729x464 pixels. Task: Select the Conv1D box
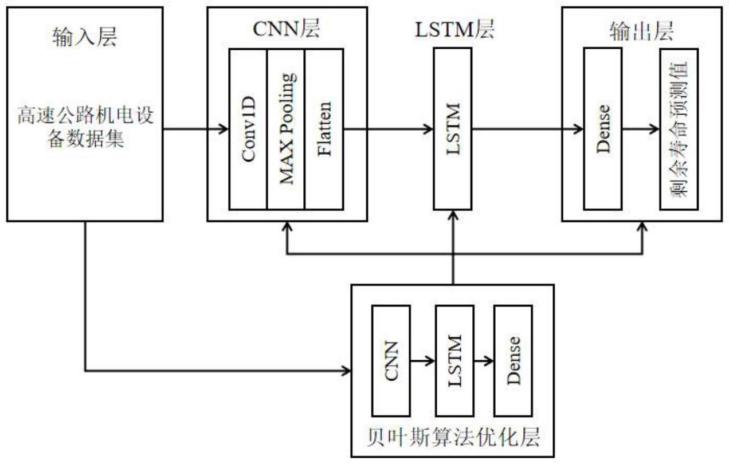pos(248,129)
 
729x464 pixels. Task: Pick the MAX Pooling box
pos(286,129)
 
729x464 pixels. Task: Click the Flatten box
pos(324,129)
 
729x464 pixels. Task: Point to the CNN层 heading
pos(286,29)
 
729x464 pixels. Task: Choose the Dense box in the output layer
pos(603,129)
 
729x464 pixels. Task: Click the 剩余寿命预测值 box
pos(679,129)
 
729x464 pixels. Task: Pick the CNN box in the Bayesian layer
pos(391,360)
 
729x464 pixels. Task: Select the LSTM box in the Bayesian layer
pos(454,360)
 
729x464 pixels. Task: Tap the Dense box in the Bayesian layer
pos(514,360)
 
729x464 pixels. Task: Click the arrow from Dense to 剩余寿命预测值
pos(641,129)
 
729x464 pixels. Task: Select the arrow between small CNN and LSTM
pos(423,361)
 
